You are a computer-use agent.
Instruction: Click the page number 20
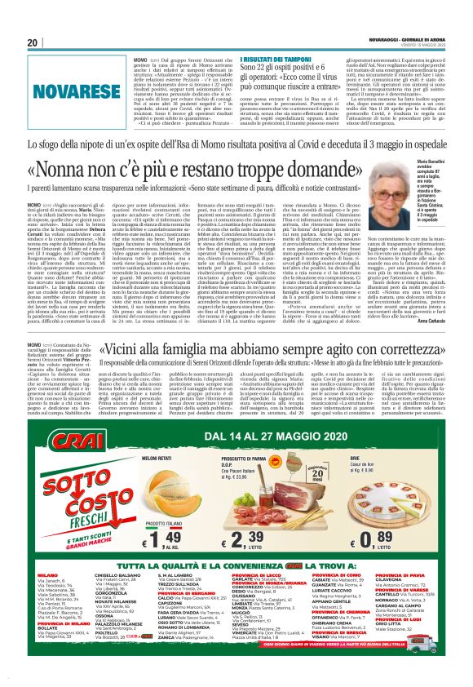pos(33,42)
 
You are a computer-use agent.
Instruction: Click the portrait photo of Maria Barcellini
pos(411,175)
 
